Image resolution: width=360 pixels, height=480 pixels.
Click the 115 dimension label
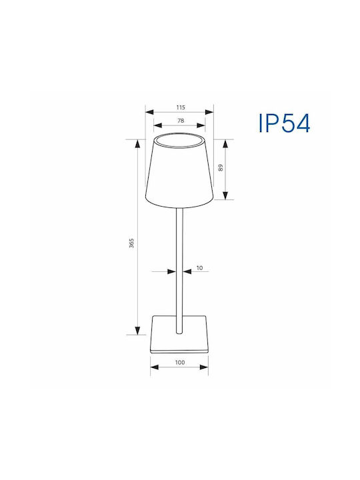click(181, 107)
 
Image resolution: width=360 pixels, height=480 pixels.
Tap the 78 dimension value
click(181, 121)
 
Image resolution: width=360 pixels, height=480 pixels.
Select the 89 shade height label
click(221, 168)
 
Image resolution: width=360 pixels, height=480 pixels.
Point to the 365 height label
click(131, 243)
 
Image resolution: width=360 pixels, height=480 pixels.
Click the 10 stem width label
click(199, 268)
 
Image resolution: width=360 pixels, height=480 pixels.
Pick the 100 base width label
click(180, 363)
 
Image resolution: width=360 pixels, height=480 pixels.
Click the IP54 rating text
click(285, 123)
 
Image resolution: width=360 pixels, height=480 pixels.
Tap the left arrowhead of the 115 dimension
click(149, 112)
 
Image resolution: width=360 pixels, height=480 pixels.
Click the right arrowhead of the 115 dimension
click(209, 112)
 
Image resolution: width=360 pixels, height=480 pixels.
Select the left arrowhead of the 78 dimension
click(157, 125)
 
